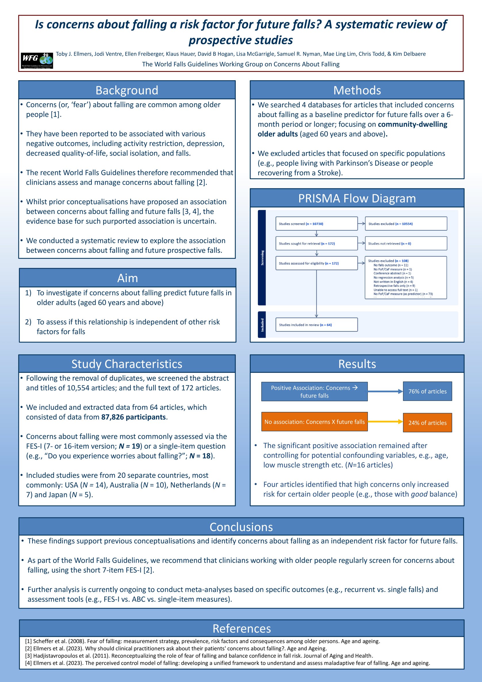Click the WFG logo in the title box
pyautogui.click(x=37, y=60)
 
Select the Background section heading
pyautogui.click(x=127, y=90)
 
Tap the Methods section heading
pyautogui.click(x=357, y=90)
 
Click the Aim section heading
pyautogui.click(x=127, y=278)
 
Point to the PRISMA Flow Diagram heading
pyautogui.click(x=357, y=198)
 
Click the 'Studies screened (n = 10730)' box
pyautogui.click(x=316, y=224)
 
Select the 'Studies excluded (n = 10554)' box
pyautogui.click(x=406, y=224)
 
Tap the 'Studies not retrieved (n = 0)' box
pyautogui.click(x=406, y=244)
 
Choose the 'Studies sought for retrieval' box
pyautogui.click(x=316, y=244)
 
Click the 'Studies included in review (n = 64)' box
pyautogui.click(x=316, y=325)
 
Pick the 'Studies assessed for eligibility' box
pyautogui.click(x=316, y=263)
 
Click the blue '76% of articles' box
pyautogui.click(x=427, y=391)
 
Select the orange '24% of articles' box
pyautogui.click(x=427, y=423)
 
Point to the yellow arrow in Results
pyautogui.click(x=385, y=421)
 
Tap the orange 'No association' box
pyautogui.click(x=314, y=421)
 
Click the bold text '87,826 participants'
pyautogui.click(x=133, y=417)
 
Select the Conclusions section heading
pyautogui.click(x=241, y=527)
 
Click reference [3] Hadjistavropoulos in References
pyautogui.click(x=199, y=656)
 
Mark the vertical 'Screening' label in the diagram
pyautogui.click(x=262, y=257)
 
